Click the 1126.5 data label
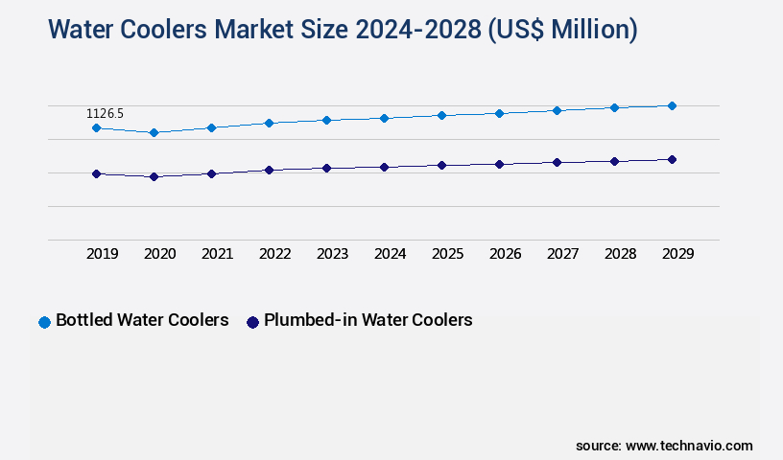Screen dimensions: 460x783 pyautogui.click(x=107, y=114)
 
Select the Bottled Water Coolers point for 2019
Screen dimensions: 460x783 pyautogui.click(x=96, y=127)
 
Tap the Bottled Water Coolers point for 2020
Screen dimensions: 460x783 pyautogui.click(x=154, y=132)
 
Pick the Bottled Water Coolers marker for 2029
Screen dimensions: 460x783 pyautogui.click(x=672, y=105)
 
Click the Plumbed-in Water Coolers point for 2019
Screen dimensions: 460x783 pyautogui.click(x=96, y=173)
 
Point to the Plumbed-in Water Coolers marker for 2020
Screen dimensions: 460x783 pyautogui.click(x=154, y=176)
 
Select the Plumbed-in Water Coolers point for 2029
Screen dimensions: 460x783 pyautogui.click(x=672, y=159)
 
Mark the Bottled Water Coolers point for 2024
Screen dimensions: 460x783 pyautogui.click(x=384, y=118)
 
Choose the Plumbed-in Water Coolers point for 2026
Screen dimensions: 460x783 pyautogui.click(x=499, y=164)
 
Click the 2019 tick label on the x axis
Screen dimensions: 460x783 pyautogui.click(x=102, y=254)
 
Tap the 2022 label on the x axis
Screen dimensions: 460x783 pyautogui.click(x=274, y=254)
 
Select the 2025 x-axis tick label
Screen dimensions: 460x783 pyautogui.click(x=447, y=254)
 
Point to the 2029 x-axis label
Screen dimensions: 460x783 pyautogui.click(x=677, y=254)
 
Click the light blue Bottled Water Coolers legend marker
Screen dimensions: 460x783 pyautogui.click(x=44, y=322)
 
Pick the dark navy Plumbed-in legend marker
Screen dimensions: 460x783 pyautogui.click(x=253, y=322)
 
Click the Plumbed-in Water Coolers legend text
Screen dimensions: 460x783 pyautogui.click(x=368, y=320)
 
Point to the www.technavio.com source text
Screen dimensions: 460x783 pyautogui.click(x=689, y=446)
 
